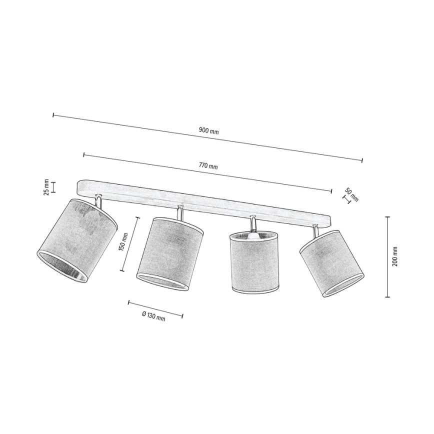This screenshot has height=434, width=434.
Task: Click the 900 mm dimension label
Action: [208, 130]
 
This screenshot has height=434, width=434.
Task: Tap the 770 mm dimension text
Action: [208, 166]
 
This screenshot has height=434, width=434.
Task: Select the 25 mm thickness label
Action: [46, 187]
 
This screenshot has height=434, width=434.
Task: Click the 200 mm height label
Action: [394, 256]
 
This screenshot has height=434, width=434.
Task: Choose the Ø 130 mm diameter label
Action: [153, 316]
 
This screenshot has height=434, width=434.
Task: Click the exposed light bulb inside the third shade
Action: [252, 235]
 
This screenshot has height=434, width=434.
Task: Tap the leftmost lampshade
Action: [77, 240]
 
